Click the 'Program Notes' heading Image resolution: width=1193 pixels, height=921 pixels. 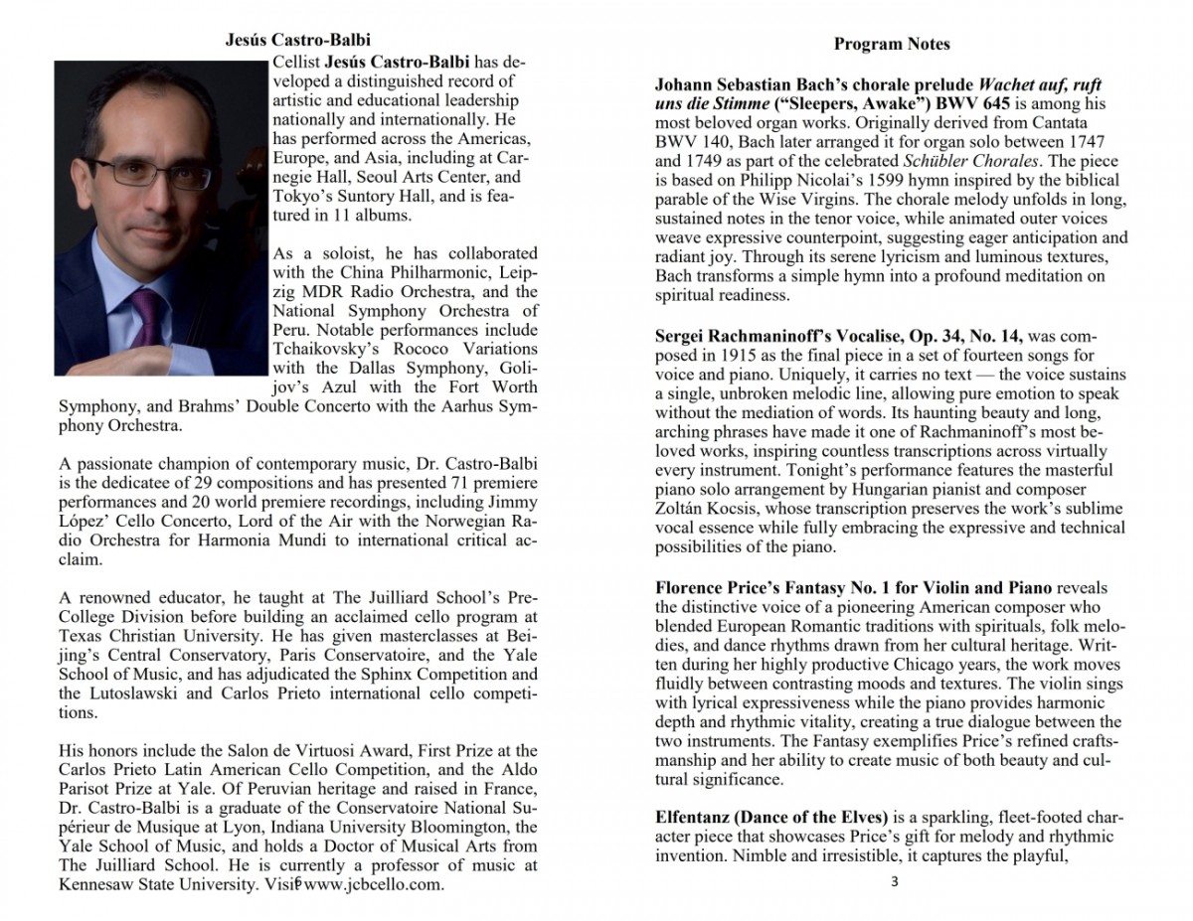pos(892,44)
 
